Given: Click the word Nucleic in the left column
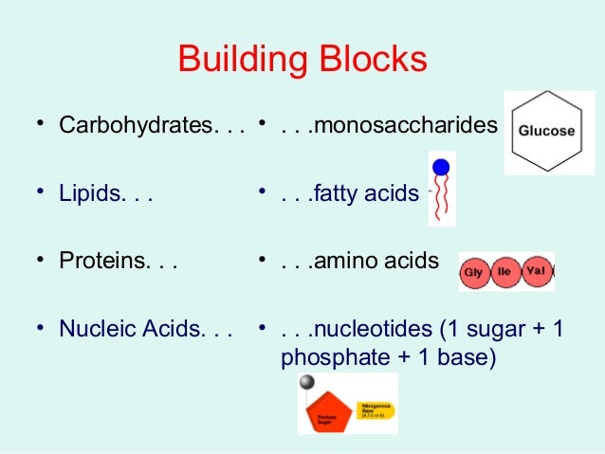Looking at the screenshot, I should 93,330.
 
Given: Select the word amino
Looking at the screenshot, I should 342,261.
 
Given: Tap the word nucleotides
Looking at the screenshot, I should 371,330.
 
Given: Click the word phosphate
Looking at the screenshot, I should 326,360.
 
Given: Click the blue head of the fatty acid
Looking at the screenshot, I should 441,168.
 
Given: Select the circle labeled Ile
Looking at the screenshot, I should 504,271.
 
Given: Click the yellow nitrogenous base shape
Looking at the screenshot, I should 375,410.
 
